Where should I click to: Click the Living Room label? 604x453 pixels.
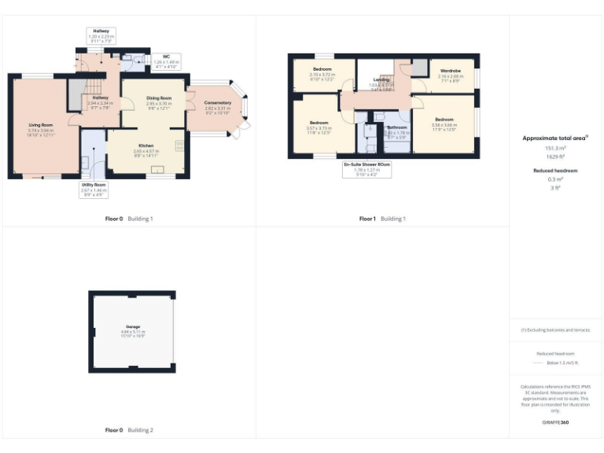coord(41,125)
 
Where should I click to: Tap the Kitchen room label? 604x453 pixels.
coord(146,145)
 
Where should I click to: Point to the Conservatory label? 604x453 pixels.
coord(218,103)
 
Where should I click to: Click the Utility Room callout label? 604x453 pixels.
coord(94,185)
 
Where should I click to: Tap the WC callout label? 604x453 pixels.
coord(166,57)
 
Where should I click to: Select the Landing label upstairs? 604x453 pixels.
coord(381,79)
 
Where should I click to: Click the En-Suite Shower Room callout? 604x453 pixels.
coord(366,164)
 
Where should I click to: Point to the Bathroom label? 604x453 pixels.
coord(396,127)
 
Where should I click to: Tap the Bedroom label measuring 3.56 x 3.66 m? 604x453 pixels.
coord(444,120)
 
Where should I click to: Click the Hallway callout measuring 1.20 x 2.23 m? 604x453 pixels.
coord(101,31)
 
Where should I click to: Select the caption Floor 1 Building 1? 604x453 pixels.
coord(382,219)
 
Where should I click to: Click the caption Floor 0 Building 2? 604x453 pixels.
coord(129,430)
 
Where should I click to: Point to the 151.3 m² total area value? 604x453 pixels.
coord(556,147)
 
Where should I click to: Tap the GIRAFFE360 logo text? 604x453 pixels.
coord(556,423)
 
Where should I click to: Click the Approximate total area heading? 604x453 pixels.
coord(556,138)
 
